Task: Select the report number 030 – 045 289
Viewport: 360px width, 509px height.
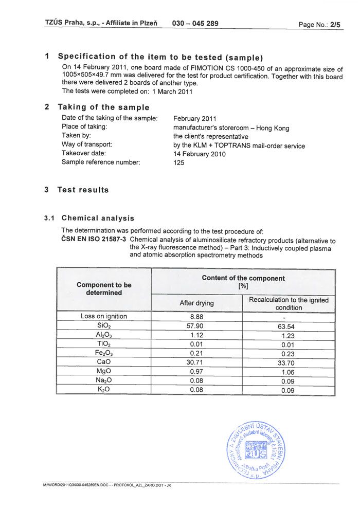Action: [195, 23]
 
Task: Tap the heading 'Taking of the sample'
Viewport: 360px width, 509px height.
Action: [103, 107]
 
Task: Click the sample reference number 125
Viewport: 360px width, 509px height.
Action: [179, 162]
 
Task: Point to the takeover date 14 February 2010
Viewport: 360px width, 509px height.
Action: [200, 154]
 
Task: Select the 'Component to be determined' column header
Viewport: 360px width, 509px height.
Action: [104, 288]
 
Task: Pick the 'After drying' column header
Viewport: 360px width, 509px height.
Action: [196, 303]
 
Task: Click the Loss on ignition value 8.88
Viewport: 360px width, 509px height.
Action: [196, 317]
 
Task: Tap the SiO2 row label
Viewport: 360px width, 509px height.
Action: [104, 326]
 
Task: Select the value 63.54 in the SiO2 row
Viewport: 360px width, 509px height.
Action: [288, 326]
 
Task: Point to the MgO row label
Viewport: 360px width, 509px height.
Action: [104, 371]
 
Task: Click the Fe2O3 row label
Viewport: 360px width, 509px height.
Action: [104, 353]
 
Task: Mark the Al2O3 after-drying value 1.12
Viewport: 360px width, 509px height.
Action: [196, 335]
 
